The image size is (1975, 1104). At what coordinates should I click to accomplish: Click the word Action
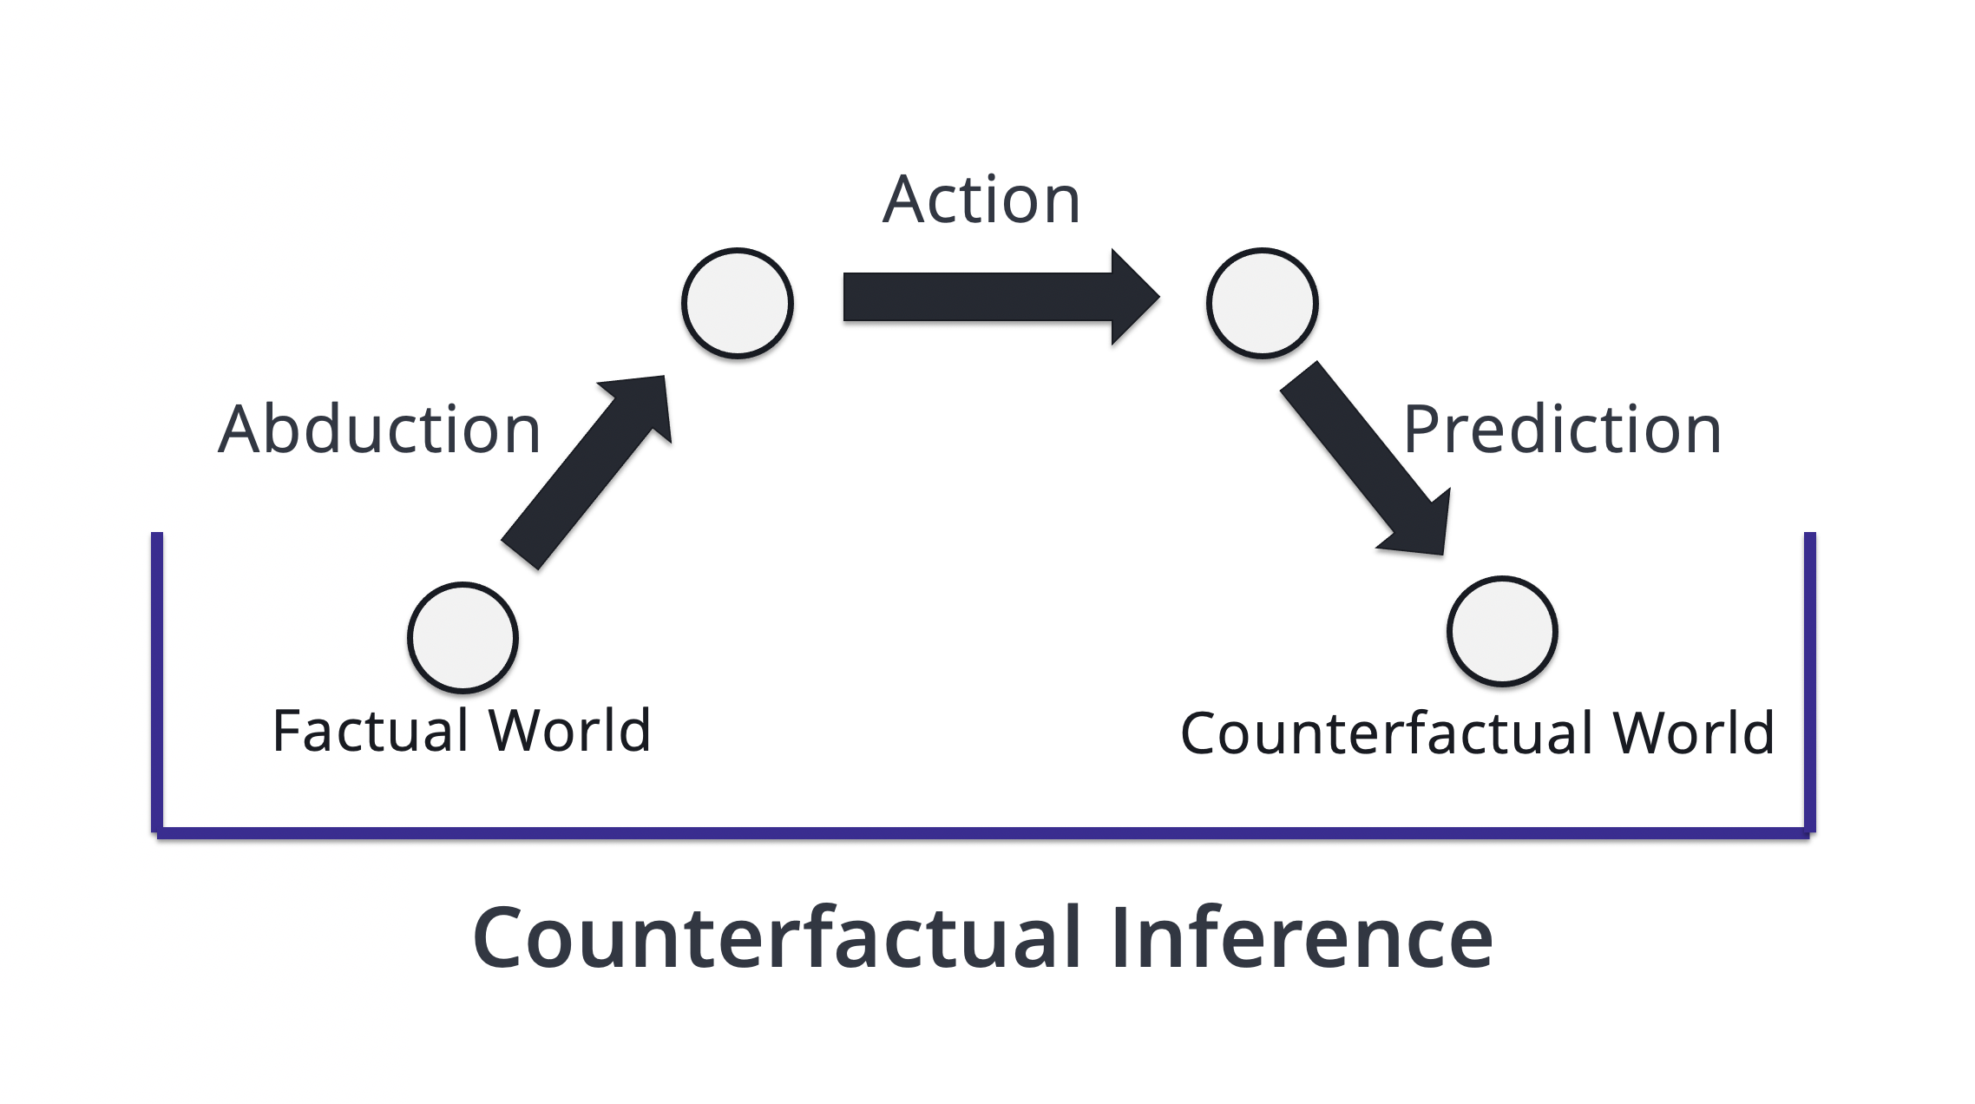[981, 200]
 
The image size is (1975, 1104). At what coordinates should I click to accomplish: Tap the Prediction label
[1563, 429]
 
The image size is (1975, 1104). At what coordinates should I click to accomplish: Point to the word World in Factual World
[569, 730]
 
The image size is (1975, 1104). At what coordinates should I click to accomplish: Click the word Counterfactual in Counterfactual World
[1388, 733]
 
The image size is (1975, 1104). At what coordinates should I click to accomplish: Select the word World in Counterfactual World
[1694, 733]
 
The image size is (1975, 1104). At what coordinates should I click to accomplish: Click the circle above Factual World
[463, 637]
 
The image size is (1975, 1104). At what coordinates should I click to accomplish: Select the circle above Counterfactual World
[1502, 631]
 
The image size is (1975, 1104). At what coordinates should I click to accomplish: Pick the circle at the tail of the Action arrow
[738, 303]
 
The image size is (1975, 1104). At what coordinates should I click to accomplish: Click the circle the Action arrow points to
[1263, 303]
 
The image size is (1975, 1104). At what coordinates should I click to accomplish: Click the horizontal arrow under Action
[1001, 297]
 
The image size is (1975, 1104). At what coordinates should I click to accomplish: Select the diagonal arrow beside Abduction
[587, 472]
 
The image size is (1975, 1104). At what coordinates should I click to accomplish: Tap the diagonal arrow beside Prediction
[1364, 458]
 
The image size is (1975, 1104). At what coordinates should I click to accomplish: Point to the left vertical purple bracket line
[157, 682]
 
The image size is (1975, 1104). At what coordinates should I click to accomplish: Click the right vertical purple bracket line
[1809, 682]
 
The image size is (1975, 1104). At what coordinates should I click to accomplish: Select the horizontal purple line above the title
[983, 833]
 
